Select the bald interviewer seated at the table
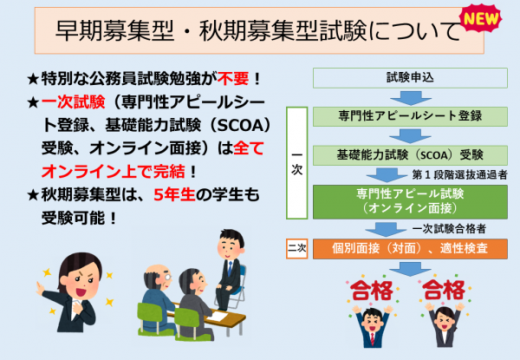coord(157,291)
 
